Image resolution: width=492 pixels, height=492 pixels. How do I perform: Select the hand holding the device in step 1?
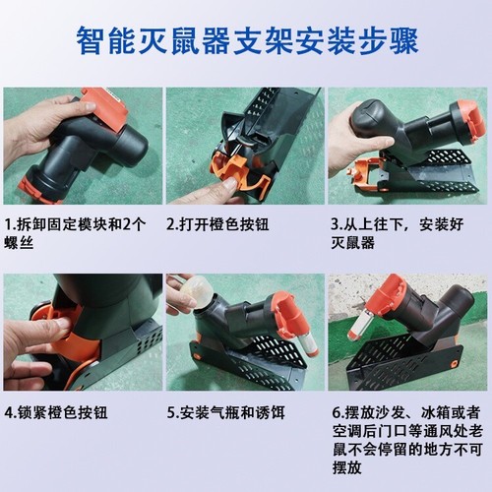tap(44, 123)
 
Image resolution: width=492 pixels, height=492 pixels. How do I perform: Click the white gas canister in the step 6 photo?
tap(360, 325)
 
